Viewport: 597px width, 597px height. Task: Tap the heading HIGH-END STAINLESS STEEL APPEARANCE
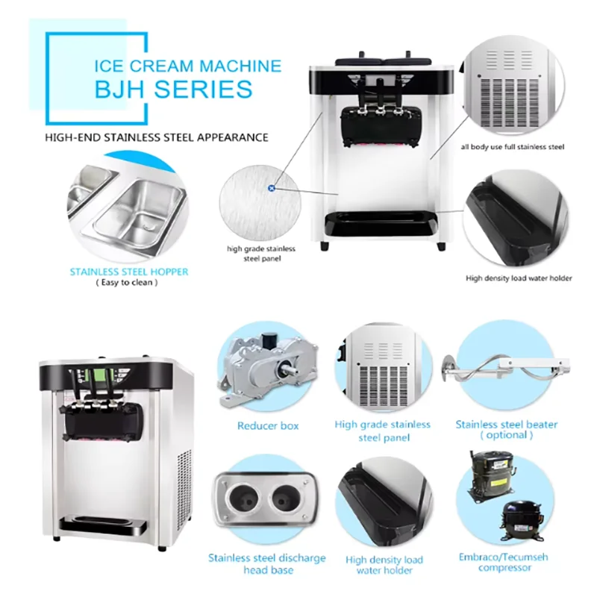tap(156, 137)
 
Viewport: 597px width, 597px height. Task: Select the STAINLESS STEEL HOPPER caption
tap(128, 272)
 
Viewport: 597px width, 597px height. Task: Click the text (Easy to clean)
tap(128, 283)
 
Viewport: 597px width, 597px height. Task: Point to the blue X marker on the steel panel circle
tap(272, 189)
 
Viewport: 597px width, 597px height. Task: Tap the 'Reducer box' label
tap(268, 426)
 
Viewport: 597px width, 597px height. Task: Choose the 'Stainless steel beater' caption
tap(507, 425)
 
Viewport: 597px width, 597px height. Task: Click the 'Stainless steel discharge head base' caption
tap(266, 563)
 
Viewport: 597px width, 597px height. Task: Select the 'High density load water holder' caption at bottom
tap(384, 565)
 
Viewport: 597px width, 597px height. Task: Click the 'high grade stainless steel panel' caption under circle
tap(261, 254)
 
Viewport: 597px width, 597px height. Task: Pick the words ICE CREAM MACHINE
tap(187, 65)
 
